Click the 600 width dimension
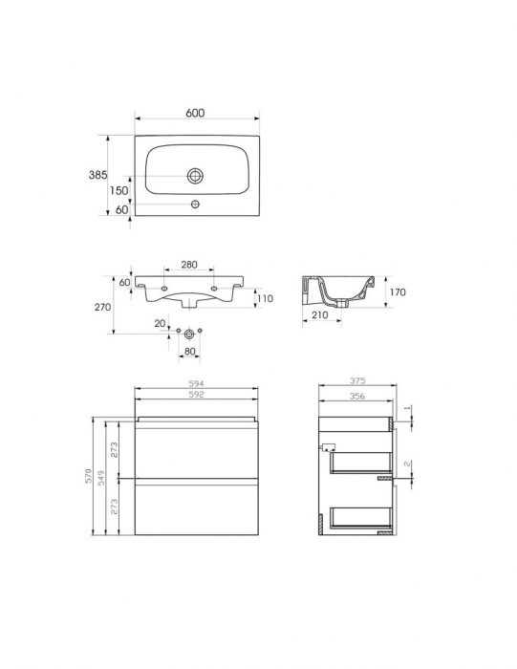[x=195, y=113]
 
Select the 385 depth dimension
[x=96, y=175]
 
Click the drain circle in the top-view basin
[x=196, y=176]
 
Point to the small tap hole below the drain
[x=196, y=204]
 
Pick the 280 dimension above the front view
[x=188, y=264]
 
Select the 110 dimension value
[x=265, y=299]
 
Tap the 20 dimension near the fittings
[x=160, y=324]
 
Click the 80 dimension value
[x=191, y=351]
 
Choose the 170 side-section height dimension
[x=398, y=291]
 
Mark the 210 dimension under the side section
[x=319, y=313]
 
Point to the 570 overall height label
[x=88, y=476]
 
